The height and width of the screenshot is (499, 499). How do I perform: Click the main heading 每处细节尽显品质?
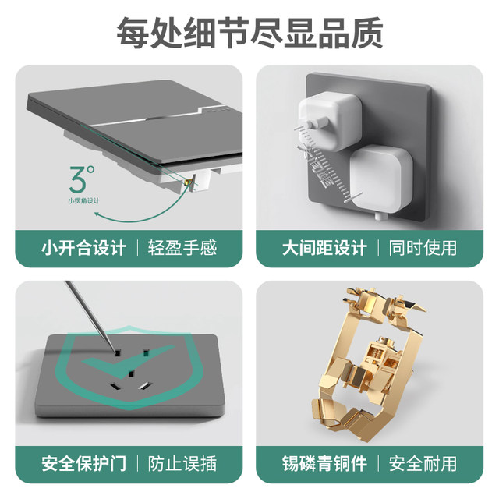(x=249, y=32)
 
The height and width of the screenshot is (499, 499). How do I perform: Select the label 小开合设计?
(x=83, y=248)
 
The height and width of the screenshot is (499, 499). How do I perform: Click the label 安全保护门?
(x=83, y=464)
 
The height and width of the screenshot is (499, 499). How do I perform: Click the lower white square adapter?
(x=380, y=180)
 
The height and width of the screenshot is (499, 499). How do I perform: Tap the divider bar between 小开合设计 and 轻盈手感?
(x=136, y=248)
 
